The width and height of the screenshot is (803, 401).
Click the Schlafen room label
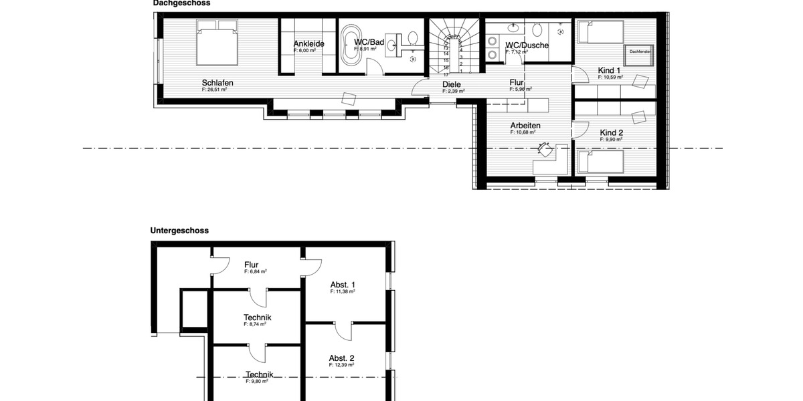coord(217,84)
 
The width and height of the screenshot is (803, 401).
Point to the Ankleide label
coord(308,44)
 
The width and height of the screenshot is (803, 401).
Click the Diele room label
coord(452,85)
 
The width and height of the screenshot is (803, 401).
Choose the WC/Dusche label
coord(527,45)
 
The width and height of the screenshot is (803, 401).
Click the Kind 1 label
coord(610,70)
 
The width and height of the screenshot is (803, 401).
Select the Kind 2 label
coord(611,133)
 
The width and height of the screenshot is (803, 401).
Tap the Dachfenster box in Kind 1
coord(639,51)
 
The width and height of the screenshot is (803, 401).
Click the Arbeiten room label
coord(525,126)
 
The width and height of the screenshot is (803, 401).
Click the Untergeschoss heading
coord(179,231)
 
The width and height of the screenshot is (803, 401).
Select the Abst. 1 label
coord(342,285)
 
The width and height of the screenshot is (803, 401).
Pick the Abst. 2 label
coord(341,358)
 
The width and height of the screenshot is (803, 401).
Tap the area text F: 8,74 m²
coord(255,324)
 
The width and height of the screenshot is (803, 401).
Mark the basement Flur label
coord(252,265)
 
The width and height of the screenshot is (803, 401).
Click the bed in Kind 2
coord(600,162)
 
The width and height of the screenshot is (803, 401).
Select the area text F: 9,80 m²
coord(256,381)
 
